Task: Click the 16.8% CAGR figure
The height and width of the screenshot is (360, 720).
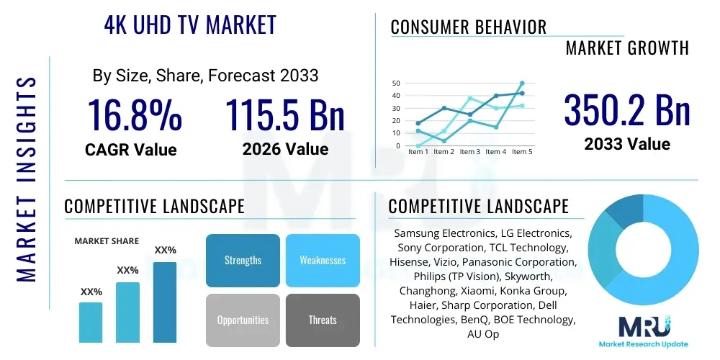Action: [x=134, y=114]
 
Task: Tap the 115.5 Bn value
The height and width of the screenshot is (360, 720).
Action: [x=285, y=114]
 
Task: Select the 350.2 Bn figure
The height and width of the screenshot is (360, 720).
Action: [x=627, y=111]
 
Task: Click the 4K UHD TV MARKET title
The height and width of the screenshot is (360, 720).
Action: [x=190, y=25]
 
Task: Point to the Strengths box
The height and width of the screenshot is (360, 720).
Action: [x=243, y=260]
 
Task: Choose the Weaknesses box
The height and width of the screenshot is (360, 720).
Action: [x=323, y=260]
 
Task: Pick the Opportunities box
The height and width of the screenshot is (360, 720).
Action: [x=243, y=320]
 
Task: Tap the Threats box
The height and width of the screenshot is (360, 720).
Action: [x=323, y=320]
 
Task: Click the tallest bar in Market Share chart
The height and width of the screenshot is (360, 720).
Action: [x=165, y=302]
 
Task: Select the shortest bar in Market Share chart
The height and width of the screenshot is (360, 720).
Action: [x=91, y=322]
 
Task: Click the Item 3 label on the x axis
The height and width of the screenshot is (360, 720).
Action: [x=470, y=152]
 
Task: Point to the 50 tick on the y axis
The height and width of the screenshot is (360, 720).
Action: [x=395, y=84]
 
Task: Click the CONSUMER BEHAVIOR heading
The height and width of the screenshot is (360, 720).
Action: [x=468, y=27]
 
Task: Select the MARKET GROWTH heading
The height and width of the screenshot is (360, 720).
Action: [x=627, y=48]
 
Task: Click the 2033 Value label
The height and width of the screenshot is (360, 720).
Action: [x=627, y=144]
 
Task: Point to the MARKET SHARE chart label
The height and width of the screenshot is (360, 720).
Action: [x=107, y=241]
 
